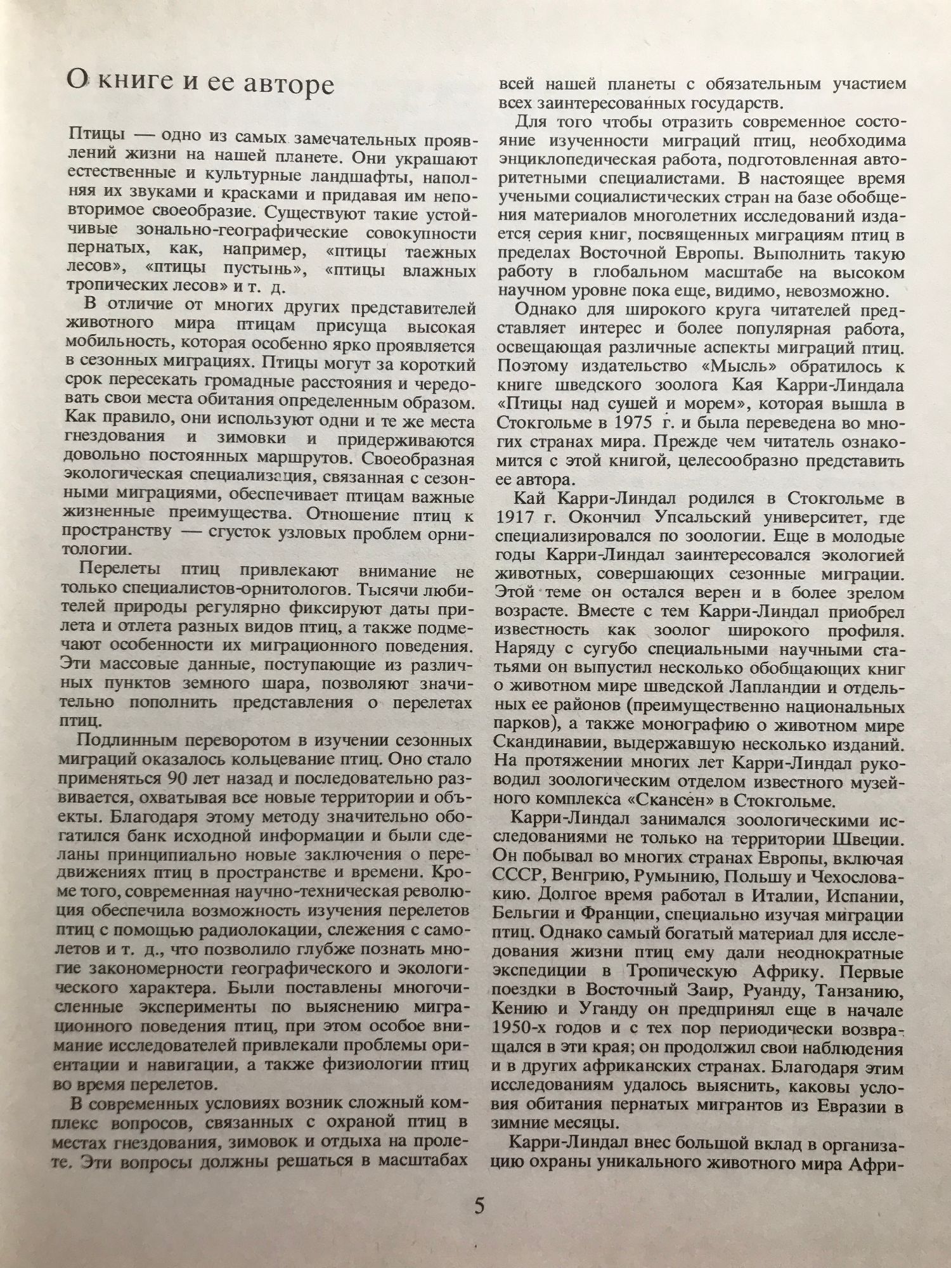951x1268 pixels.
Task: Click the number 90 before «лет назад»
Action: [x=178, y=778]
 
